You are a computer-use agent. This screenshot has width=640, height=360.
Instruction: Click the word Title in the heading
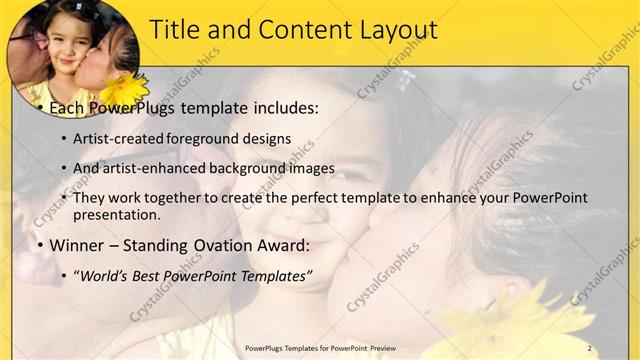coord(177,30)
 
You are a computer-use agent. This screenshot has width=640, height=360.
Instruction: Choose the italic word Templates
coord(275,275)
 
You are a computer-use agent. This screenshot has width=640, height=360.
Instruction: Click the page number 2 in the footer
coord(589,348)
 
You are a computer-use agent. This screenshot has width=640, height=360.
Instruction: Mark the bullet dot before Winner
coord(38,246)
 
